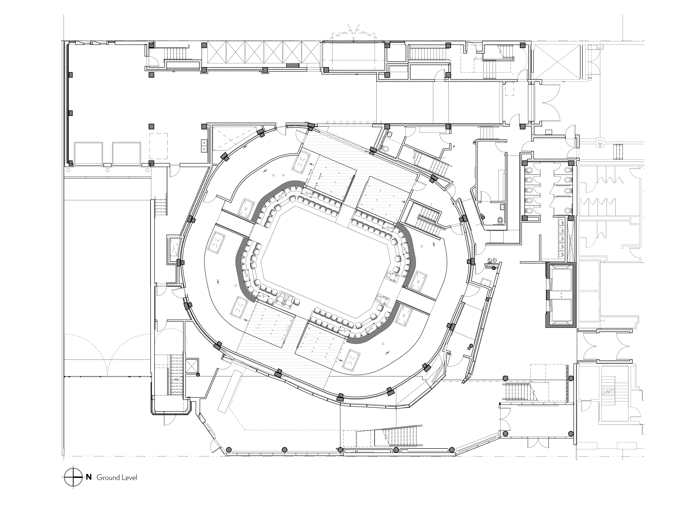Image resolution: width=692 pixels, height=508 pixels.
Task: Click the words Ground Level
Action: [117, 478]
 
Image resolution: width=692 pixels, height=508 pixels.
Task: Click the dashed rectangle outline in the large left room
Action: [158, 146]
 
